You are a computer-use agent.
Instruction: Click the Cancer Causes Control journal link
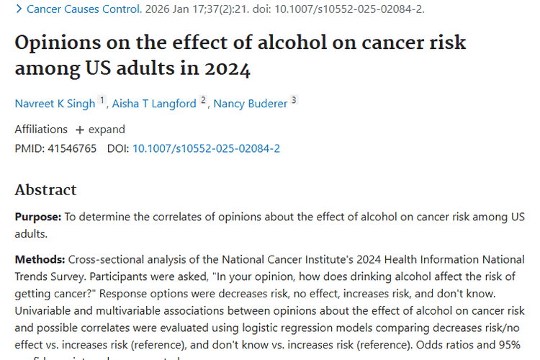click(83, 9)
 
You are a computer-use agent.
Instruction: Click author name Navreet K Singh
click(55, 104)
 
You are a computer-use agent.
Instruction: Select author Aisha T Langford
click(153, 104)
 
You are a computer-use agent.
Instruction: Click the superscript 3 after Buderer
click(294, 100)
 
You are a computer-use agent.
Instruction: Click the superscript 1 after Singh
click(102, 100)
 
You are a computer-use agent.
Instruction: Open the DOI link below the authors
click(206, 148)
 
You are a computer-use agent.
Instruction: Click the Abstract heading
click(45, 190)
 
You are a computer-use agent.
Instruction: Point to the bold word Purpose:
click(38, 217)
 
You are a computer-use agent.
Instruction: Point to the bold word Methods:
click(40, 259)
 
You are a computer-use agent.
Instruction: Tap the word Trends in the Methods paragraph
click(32, 276)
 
